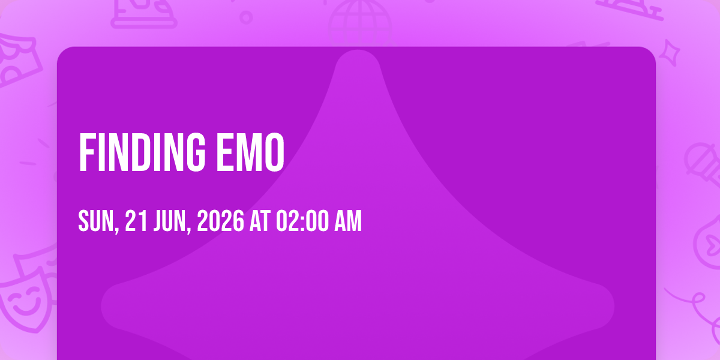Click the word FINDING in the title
(142, 152)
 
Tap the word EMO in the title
(251, 152)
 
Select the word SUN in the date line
(96, 221)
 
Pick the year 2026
(221, 221)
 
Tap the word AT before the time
(260, 221)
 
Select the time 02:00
(302, 221)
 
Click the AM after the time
(348, 221)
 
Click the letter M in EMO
(250, 152)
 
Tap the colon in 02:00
(302, 222)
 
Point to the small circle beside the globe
(246, 17)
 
